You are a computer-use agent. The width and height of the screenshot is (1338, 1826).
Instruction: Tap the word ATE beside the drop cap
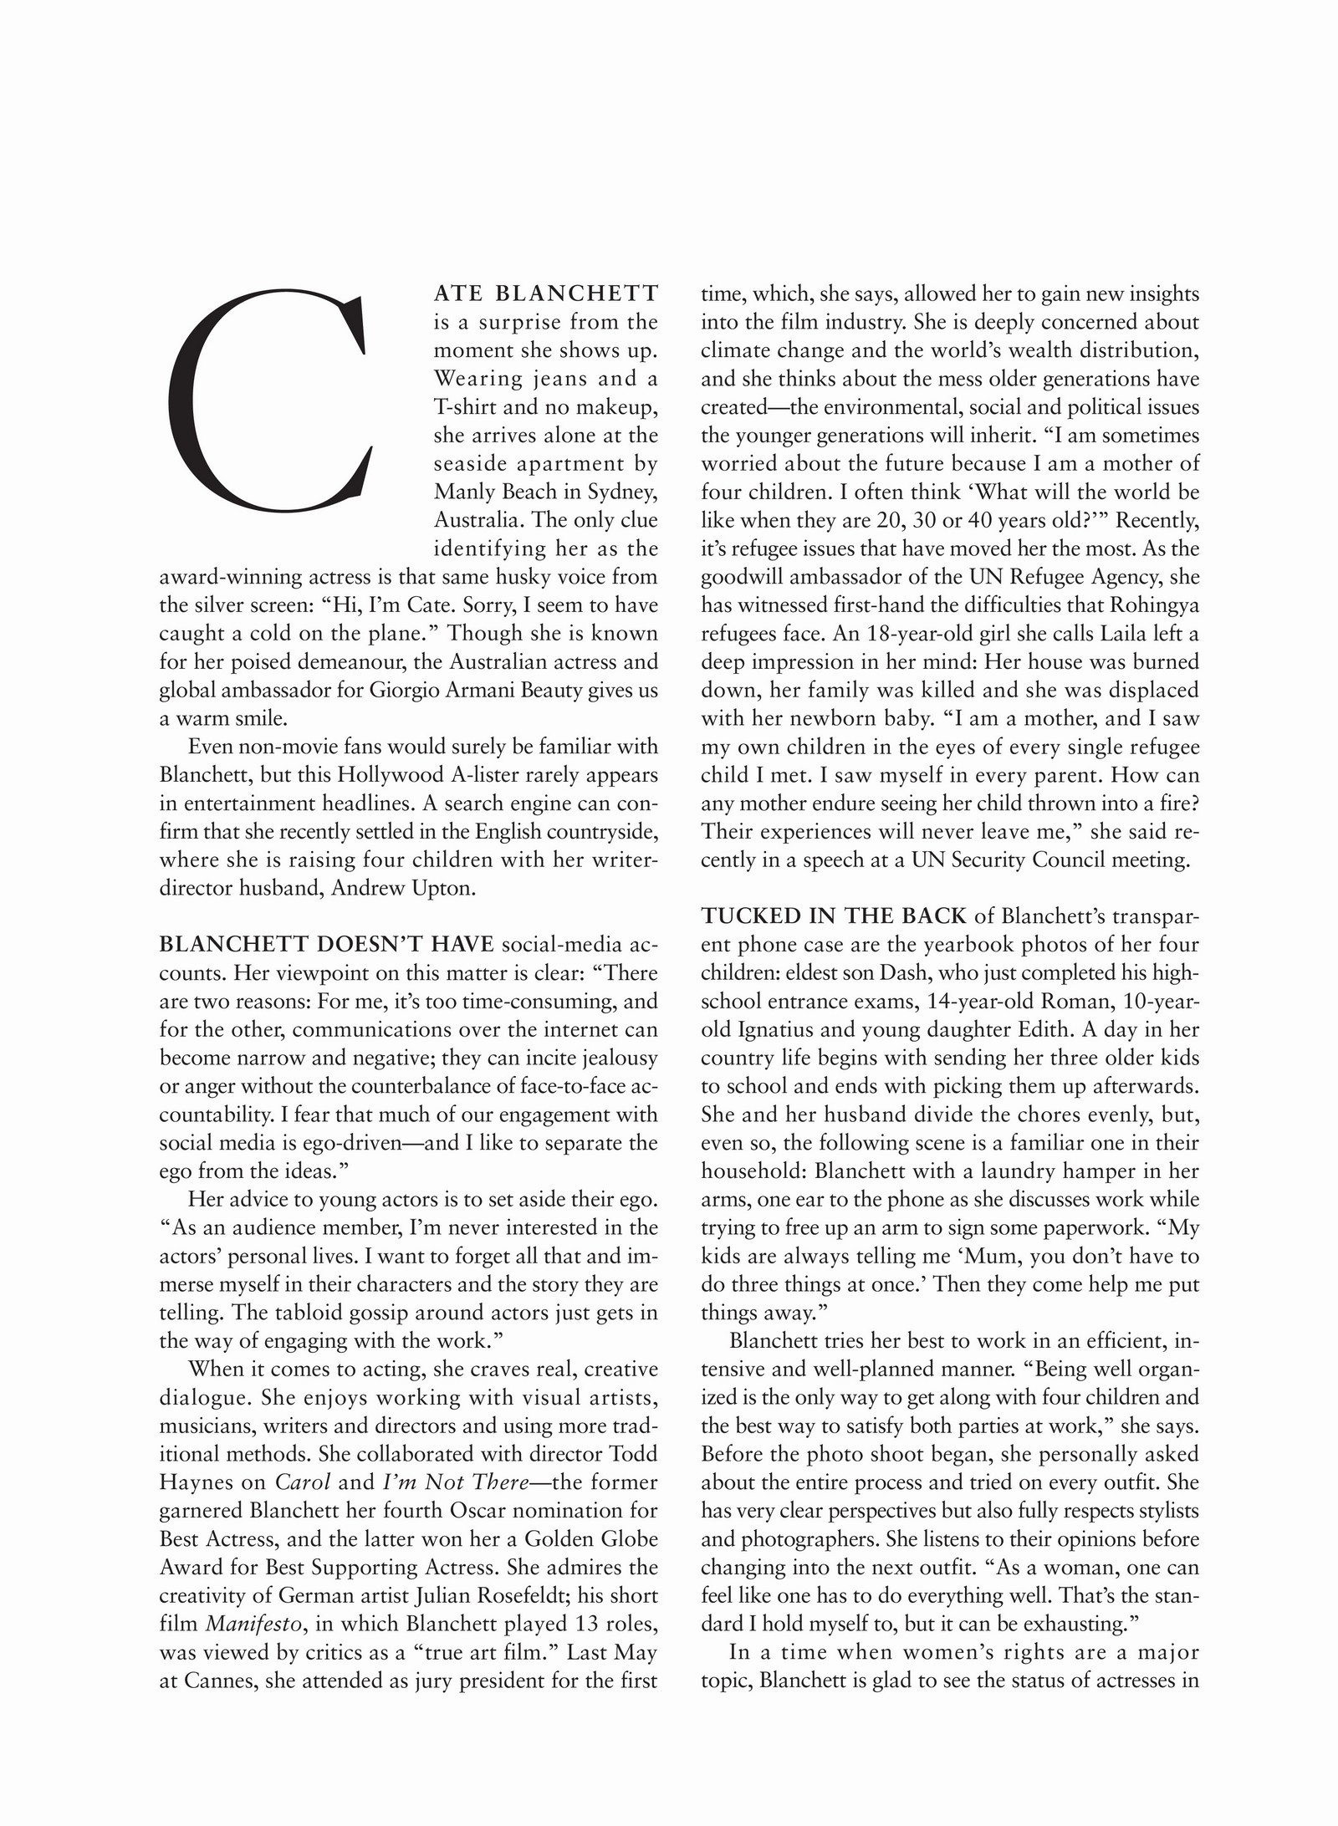point(457,293)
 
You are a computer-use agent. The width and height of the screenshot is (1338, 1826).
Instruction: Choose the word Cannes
point(216,1681)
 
